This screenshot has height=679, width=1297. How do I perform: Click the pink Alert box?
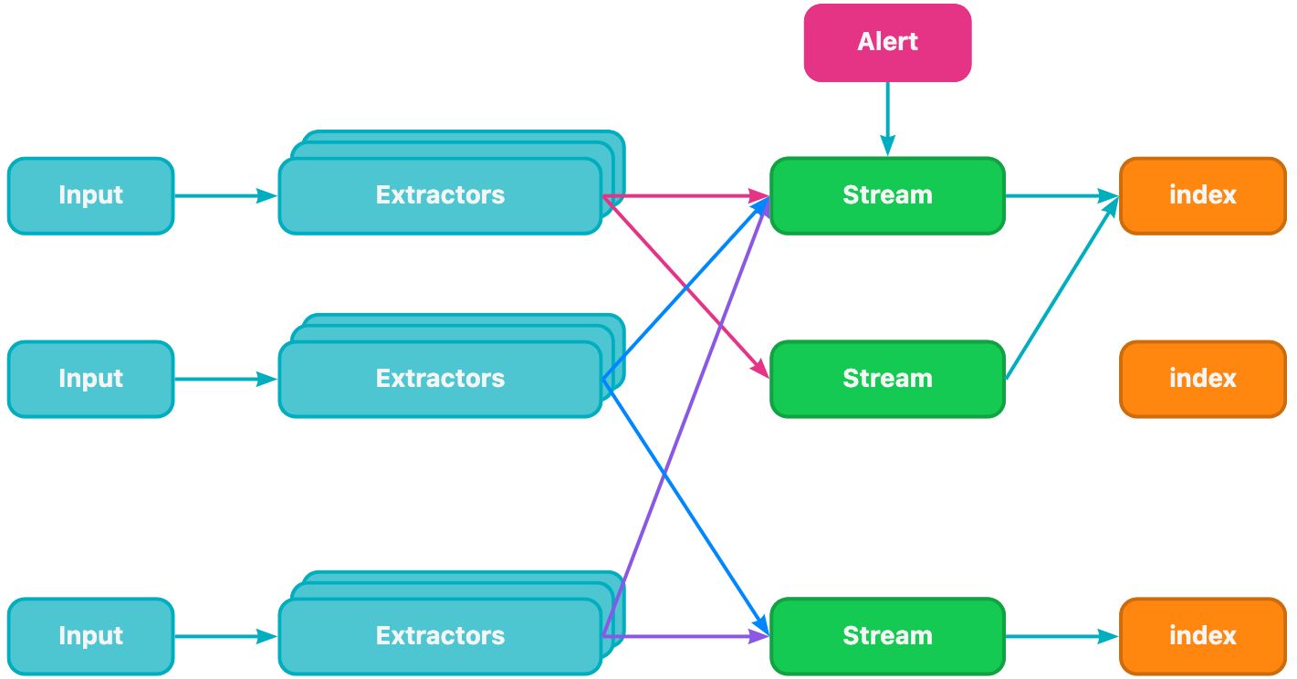[887, 42]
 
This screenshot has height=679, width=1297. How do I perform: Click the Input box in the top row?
[90, 195]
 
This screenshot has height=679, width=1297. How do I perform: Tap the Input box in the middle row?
[90, 379]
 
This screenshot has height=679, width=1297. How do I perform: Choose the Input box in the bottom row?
[90, 636]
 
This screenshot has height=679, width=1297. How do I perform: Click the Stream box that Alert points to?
[887, 195]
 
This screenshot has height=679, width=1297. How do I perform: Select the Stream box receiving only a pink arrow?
[887, 379]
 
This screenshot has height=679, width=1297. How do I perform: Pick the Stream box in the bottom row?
[887, 636]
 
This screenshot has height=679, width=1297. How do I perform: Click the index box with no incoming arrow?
[1202, 379]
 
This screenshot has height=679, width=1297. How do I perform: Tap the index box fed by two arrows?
[1202, 195]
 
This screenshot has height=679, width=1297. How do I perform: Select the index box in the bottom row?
[1202, 636]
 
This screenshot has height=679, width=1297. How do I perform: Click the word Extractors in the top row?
[440, 195]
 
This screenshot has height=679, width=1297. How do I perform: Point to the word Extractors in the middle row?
[440, 379]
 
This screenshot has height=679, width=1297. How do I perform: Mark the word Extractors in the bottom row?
[440, 636]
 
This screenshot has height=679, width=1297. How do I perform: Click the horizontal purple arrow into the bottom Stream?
[685, 636]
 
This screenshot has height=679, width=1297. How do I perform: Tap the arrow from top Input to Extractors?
[225, 195]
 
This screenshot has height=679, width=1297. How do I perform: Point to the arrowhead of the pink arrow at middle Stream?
[760, 371]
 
